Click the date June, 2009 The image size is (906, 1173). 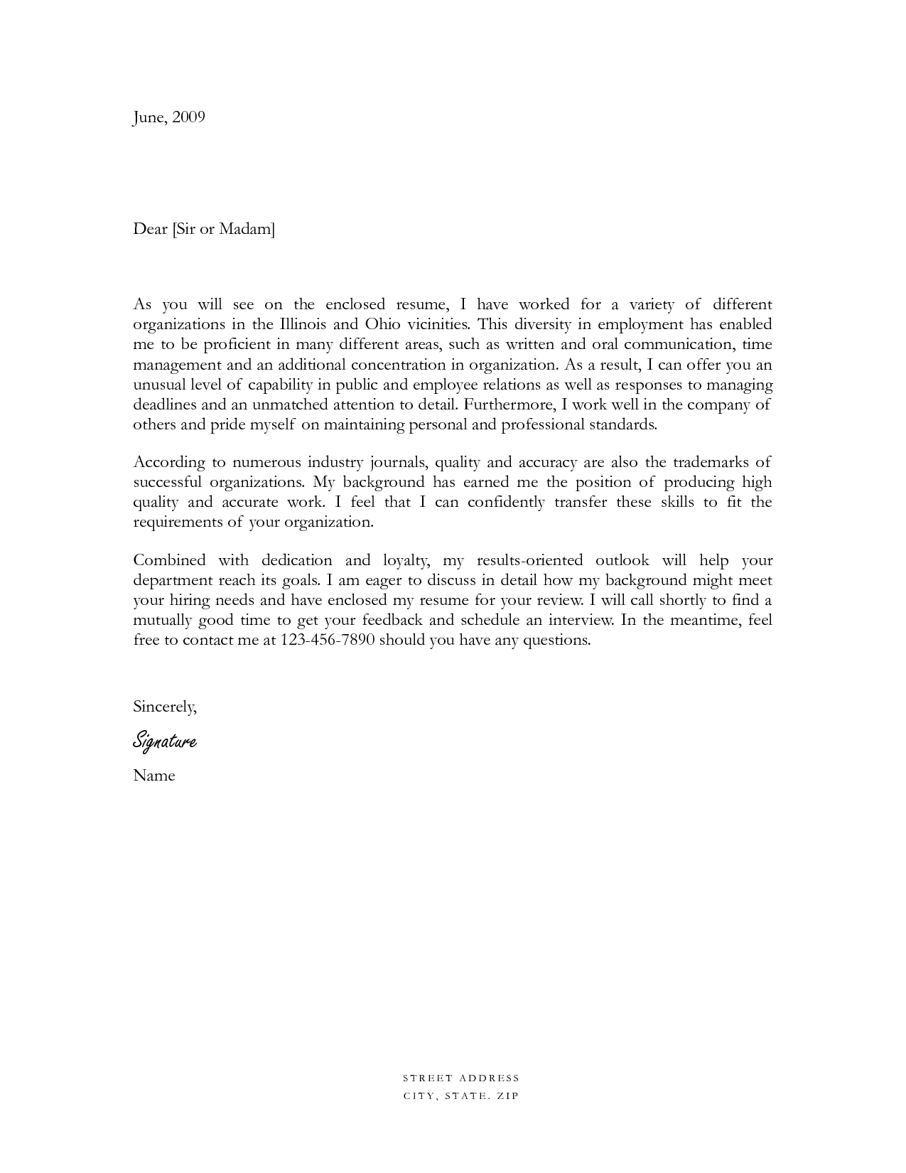point(168,117)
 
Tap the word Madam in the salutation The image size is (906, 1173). point(246,229)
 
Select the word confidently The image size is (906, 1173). point(506,502)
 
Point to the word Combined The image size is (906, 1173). point(169,560)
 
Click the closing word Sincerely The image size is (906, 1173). point(164,707)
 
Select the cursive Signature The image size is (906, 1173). point(164,741)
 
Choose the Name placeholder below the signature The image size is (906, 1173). point(153,776)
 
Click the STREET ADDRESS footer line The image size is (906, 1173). point(461,1078)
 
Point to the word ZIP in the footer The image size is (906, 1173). point(509,1096)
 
